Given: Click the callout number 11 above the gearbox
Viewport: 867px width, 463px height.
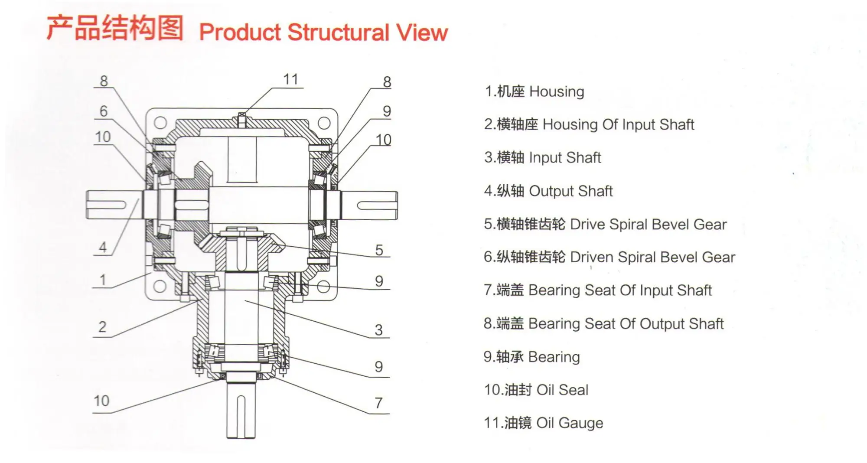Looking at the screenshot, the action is pyautogui.click(x=291, y=79).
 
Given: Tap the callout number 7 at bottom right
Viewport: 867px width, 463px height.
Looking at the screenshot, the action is pyautogui.click(x=378, y=403).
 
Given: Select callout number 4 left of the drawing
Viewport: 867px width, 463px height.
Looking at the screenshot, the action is pyautogui.click(x=103, y=247).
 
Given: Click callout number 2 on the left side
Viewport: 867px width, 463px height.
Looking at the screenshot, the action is pyautogui.click(x=102, y=326).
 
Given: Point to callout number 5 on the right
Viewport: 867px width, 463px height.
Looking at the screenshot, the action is pyautogui.click(x=379, y=250).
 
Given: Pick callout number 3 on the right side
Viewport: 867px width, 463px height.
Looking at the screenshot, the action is pyautogui.click(x=379, y=330).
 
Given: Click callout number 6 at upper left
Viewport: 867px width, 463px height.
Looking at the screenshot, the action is pyautogui.click(x=103, y=111).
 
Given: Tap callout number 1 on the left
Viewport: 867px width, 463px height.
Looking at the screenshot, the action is pyautogui.click(x=103, y=280).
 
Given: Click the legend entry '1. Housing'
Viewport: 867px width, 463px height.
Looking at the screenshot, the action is pyautogui.click(x=534, y=91).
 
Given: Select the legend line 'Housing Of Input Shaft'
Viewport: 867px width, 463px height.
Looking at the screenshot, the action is pyautogui.click(x=589, y=124).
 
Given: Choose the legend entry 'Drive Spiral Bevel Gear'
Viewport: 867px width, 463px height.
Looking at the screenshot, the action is pyautogui.click(x=605, y=224).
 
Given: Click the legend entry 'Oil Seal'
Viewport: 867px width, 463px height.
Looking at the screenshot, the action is pyautogui.click(x=536, y=390).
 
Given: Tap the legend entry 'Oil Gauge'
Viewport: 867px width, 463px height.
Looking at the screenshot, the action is pyautogui.click(x=544, y=423).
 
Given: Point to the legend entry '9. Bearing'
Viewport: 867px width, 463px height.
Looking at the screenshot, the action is pyautogui.click(x=532, y=357).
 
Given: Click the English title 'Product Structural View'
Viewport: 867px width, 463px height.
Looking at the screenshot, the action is pyautogui.click(x=323, y=33).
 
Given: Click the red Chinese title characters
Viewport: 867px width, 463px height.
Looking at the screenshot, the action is pyautogui.click(x=115, y=28).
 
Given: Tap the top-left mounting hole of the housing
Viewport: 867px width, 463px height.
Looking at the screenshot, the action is pyautogui.click(x=160, y=123).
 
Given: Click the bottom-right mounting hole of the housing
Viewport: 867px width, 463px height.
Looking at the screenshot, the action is pyautogui.click(x=323, y=287).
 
